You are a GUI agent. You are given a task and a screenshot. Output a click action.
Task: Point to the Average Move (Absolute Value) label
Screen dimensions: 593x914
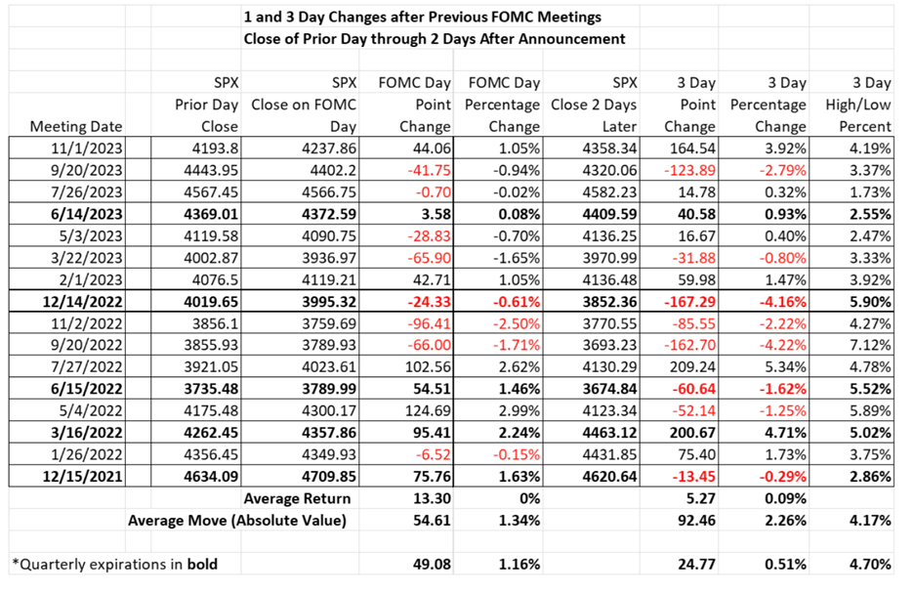pyautogui.click(x=237, y=520)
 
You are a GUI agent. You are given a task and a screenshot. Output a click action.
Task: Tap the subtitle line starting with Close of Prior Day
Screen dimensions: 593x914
pyautogui.click(x=436, y=39)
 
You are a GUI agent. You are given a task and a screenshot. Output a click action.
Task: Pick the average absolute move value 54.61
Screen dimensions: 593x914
pyautogui.click(x=427, y=520)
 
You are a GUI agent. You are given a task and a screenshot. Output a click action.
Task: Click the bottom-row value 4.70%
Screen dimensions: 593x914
pyautogui.click(x=868, y=563)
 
